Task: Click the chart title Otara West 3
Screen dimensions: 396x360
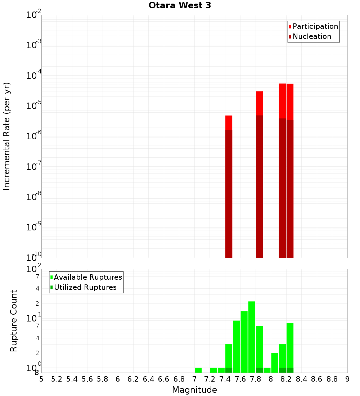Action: coord(180,5)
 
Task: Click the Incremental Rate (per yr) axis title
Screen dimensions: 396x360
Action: coord(7,136)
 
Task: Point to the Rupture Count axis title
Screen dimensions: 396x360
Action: coord(14,321)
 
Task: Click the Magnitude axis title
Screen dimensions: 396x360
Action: coord(194,390)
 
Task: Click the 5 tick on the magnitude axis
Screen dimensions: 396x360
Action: coord(41,379)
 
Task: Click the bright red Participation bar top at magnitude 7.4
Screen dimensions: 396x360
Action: coord(229,122)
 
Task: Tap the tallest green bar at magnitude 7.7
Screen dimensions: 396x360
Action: coord(252,337)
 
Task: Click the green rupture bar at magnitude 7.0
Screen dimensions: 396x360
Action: coord(198,370)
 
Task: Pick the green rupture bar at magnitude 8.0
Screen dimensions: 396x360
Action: coord(275,363)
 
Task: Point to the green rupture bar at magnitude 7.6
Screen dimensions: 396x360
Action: coord(244,342)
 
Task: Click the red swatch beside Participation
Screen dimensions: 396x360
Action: coord(290,27)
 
